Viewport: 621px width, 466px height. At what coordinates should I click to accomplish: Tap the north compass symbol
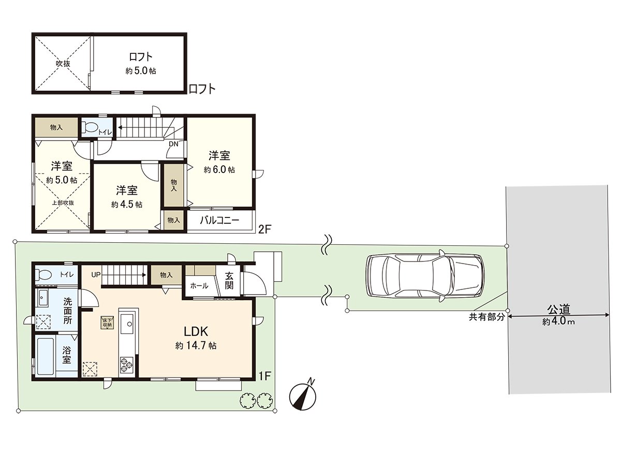(x=303, y=396)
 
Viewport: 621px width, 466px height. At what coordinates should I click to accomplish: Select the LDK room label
(x=196, y=331)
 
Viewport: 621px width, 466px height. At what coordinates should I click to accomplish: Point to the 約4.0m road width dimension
(x=559, y=322)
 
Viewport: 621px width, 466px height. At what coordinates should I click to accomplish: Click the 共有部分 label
(x=487, y=317)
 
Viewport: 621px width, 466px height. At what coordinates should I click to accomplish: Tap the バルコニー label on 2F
(x=219, y=221)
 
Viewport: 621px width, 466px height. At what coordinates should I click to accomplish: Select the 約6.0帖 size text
(x=219, y=170)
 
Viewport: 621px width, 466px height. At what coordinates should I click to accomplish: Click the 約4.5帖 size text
(x=127, y=205)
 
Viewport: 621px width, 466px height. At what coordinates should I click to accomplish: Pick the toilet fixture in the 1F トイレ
(x=43, y=274)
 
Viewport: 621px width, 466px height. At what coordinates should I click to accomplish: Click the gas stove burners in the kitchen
(x=127, y=365)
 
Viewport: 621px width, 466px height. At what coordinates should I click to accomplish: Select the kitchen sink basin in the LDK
(x=129, y=324)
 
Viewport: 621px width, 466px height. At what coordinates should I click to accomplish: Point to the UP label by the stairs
(x=96, y=274)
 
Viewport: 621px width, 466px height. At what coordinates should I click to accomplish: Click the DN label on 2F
(x=174, y=144)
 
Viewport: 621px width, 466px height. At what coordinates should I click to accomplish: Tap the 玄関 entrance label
(x=229, y=281)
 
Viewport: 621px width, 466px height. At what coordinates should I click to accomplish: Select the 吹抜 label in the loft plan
(x=63, y=64)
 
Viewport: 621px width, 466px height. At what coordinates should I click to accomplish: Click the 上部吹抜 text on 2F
(x=63, y=202)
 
